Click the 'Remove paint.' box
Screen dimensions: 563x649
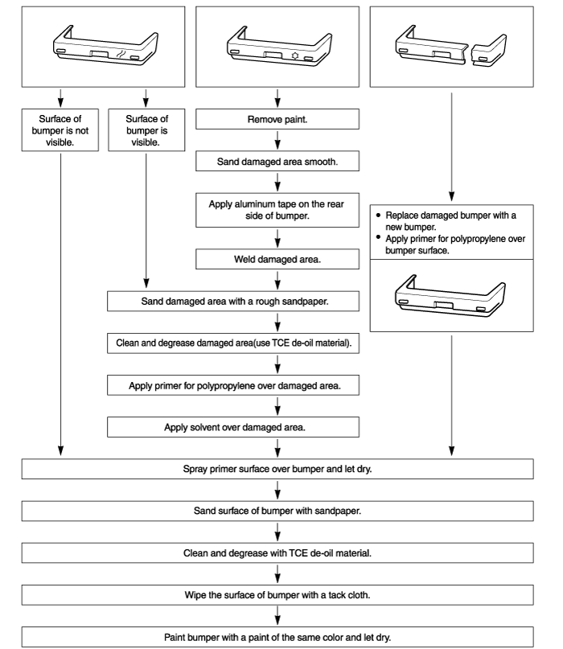click(277, 119)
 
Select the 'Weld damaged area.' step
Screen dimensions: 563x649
click(277, 259)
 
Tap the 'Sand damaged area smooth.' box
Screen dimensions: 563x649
click(277, 162)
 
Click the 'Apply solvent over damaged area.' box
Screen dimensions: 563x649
click(233, 427)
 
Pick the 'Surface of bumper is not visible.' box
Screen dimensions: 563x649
click(60, 130)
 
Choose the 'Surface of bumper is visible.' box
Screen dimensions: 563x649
click(146, 130)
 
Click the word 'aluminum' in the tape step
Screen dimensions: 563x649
click(254, 204)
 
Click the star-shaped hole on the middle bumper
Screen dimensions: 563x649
click(294, 55)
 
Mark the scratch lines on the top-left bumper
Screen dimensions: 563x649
click(121, 54)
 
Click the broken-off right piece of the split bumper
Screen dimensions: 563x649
click(488, 51)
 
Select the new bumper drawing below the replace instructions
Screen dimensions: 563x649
click(450, 295)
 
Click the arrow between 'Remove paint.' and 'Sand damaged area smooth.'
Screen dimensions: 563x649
click(277, 140)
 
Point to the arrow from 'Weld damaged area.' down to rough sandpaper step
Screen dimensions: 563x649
click(277, 280)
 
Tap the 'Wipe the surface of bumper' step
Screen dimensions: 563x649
click(277, 595)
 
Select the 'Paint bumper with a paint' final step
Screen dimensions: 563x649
click(277, 637)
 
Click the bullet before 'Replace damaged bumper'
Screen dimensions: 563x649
click(378, 215)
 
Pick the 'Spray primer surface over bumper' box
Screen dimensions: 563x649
click(277, 469)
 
